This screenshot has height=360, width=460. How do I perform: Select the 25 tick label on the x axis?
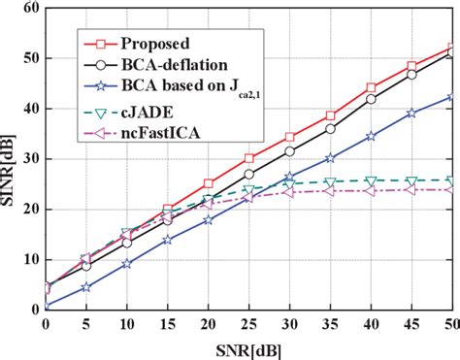[248, 323]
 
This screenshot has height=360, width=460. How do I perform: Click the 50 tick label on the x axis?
[450, 323]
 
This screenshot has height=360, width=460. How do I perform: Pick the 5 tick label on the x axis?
[86, 323]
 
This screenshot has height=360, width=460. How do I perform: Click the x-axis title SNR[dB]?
[248, 347]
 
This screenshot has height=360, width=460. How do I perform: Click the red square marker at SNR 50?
[451, 48]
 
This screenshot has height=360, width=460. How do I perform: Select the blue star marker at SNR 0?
[46, 307]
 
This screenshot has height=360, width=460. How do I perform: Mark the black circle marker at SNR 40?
[371, 99]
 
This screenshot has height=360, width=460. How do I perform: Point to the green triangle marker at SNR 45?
[411, 180]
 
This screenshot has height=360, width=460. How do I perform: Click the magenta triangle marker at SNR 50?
[451, 189]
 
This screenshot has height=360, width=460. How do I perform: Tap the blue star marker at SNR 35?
[330, 158]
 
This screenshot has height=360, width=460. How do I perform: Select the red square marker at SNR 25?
[248, 158]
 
